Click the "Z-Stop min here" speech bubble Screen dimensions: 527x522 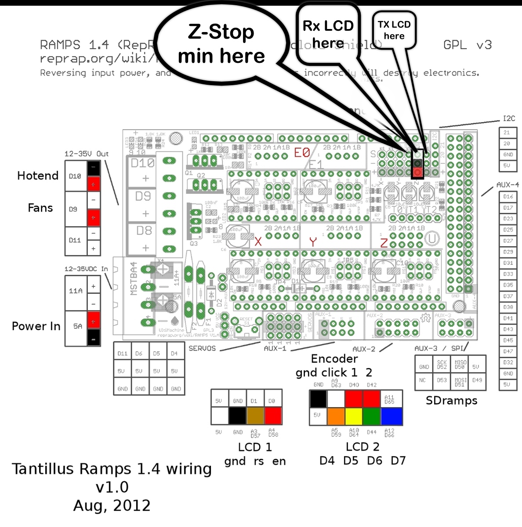[x=221, y=44]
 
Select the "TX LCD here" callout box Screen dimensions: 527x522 [x=394, y=30]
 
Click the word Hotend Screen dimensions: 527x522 [x=38, y=176]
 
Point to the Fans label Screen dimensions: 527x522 [x=40, y=208]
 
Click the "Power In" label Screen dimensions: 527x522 [x=36, y=326]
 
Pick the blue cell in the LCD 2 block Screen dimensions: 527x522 [x=391, y=416]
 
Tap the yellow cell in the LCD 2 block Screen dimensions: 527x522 [x=354, y=416]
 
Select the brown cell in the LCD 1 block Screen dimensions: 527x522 [x=255, y=415]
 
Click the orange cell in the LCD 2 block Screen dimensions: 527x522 [x=336, y=416]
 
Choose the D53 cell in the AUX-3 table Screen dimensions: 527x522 [x=442, y=380]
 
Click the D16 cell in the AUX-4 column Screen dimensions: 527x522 [x=508, y=196]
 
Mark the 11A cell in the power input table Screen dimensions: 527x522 [x=76, y=291]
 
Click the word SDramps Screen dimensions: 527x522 [x=451, y=401]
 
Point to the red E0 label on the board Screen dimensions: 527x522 [x=302, y=152]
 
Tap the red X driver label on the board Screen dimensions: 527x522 [x=258, y=242]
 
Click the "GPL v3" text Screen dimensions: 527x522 [x=467, y=45]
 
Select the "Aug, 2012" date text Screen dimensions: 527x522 [x=112, y=505]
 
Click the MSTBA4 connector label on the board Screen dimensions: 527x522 [x=134, y=278]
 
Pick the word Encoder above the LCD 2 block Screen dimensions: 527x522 [x=334, y=359]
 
